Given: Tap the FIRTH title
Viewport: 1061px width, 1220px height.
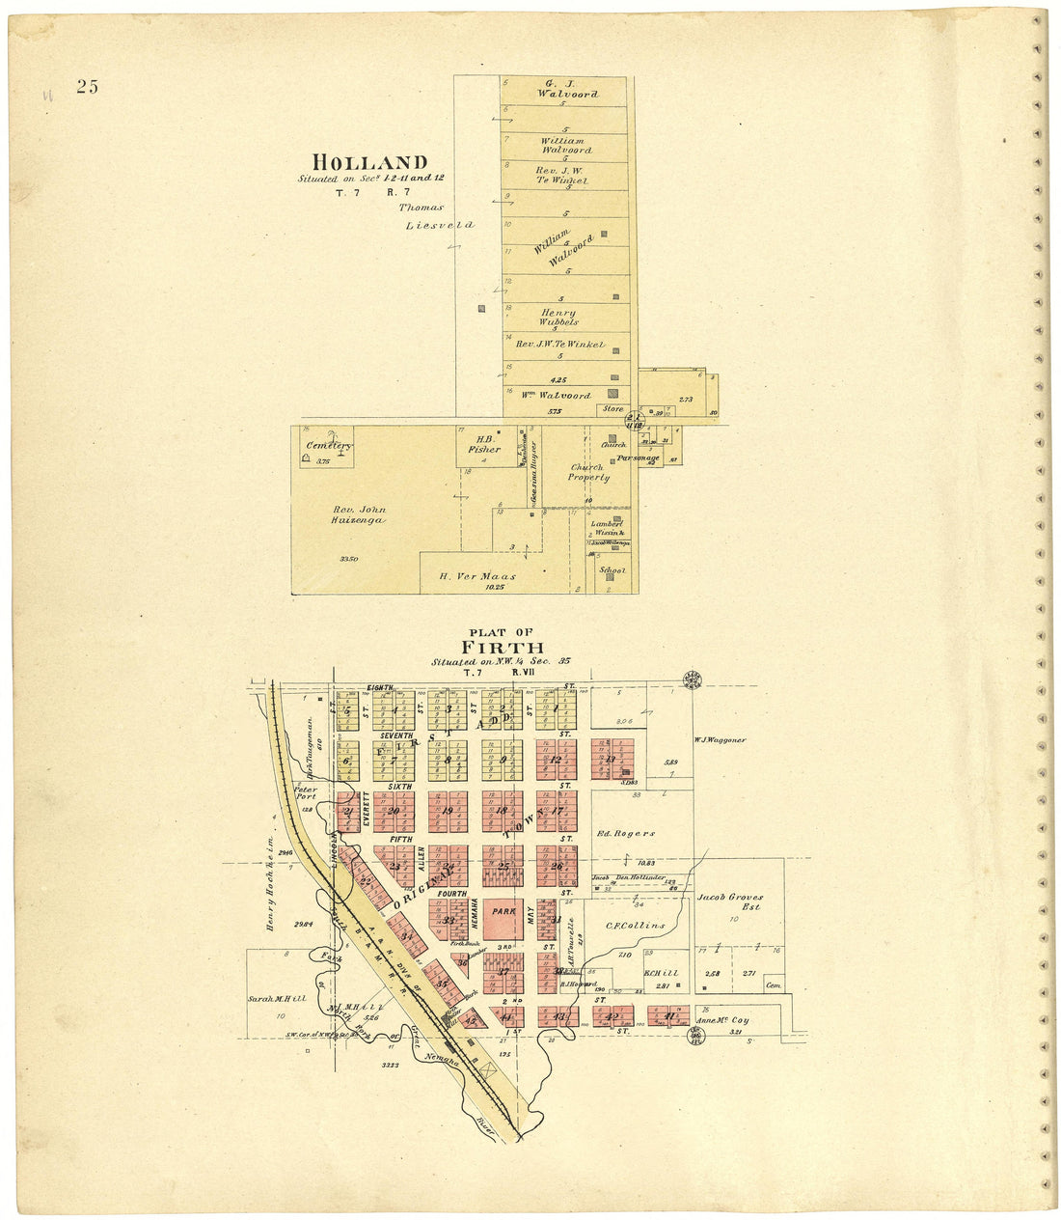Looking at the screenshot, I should [x=502, y=648].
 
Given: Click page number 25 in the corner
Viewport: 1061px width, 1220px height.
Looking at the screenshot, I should [x=88, y=87].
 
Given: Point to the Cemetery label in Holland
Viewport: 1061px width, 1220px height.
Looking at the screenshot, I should [x=329, y=446].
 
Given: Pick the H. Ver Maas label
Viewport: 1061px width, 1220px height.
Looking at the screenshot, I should [x=477, y=577].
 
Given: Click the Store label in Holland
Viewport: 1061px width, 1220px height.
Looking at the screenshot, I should [x=612, y=408].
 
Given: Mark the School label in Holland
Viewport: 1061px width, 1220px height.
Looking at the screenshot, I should [x=612, y=570].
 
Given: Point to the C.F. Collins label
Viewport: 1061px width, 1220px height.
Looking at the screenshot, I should [x=636, y=926].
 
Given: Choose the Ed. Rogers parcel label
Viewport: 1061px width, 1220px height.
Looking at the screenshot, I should [x=627, y=833].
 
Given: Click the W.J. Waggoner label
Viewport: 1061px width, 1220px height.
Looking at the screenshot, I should [x=720, y=740].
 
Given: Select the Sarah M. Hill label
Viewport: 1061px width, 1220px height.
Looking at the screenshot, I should [x=277, y=999].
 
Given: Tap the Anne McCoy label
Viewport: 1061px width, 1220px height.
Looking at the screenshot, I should [x=721, y=1020].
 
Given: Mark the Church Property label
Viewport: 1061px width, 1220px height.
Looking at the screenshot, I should [x=588, y=472].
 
